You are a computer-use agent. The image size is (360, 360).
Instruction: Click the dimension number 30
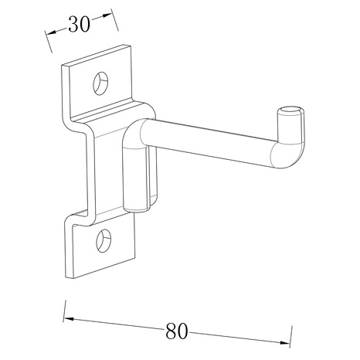[x=80, y=24]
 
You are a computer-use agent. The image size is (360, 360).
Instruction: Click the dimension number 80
[x=176, y=331]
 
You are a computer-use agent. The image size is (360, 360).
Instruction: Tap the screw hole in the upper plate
[x=100, y=83]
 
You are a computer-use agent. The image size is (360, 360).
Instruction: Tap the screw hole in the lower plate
[x=104, y=240]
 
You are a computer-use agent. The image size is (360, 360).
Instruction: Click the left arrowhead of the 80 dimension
[x=69, y=319]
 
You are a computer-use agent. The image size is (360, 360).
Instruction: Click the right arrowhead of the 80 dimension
[x=285, y=343]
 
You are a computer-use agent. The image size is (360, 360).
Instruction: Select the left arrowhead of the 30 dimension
[x=52, y=32]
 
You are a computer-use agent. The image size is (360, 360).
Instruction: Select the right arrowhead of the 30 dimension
[x=107, y=15]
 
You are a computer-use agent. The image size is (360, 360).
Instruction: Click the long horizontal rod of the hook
[x=206, y=141]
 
